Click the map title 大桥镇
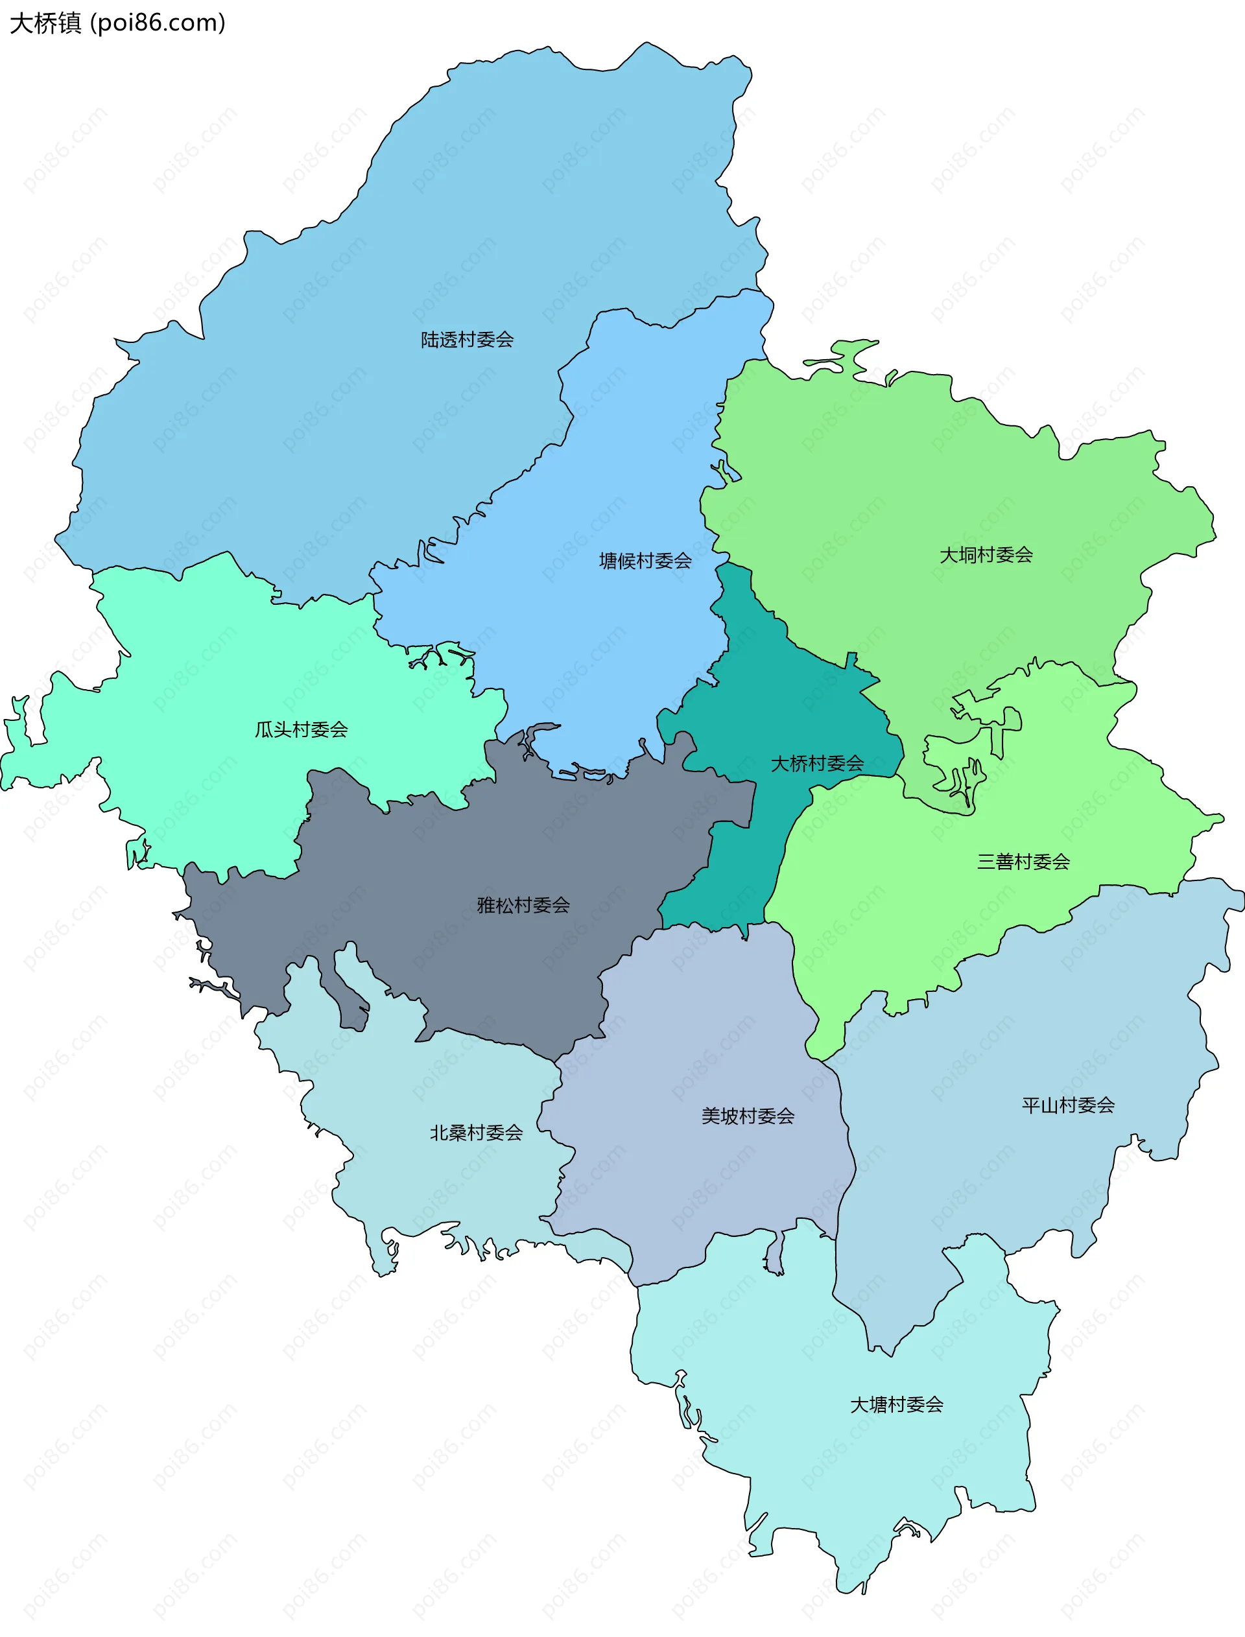click(x=46, y=23)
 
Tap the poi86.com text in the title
click(x=158, y=23)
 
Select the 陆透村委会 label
click(x=467, y=340)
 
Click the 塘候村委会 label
click(x=645, y=561)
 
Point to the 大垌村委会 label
click(x=986, y=555)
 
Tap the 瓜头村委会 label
click(x=301, y=729)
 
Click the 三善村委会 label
click(x=1023, y=862)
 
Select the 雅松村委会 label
click(x=523, y=904)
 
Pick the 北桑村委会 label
click(x=476, y=1133)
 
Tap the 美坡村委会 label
click(x=748, y=1116)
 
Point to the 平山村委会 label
click(x=1068, y=1105)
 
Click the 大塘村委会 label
click(x=896, y=1404)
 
